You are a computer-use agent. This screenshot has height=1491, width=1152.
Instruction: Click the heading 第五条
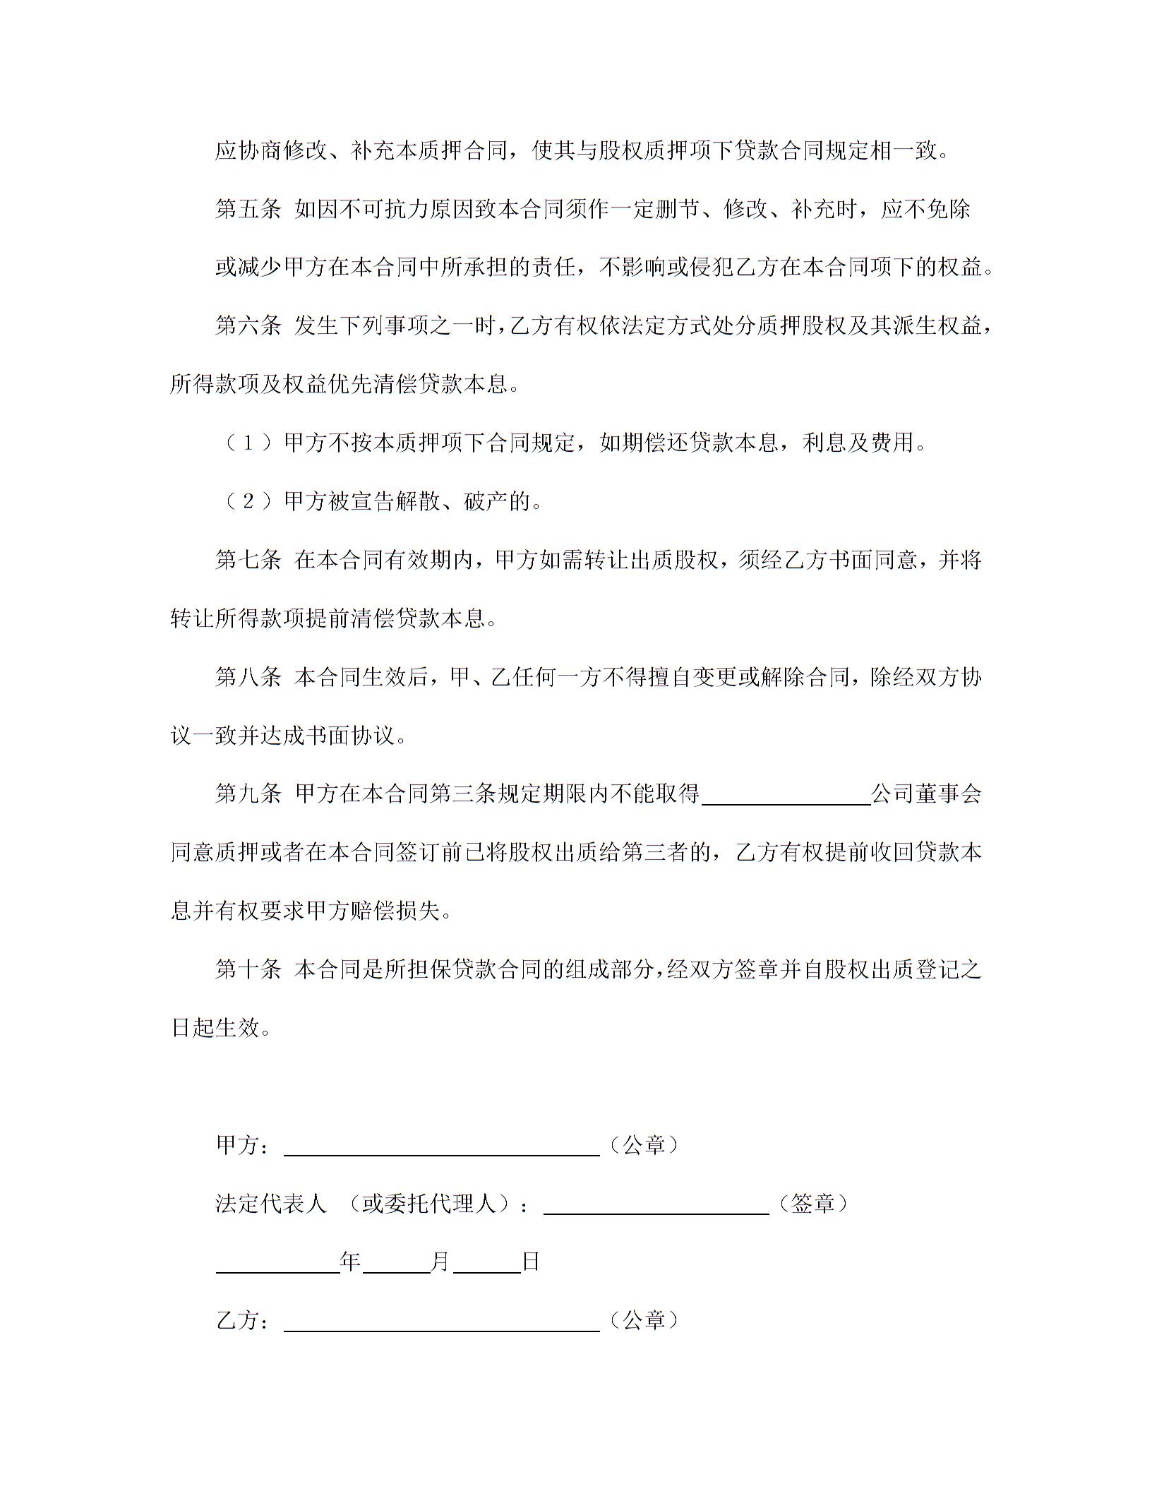pyautogui.click(x=248, y=209)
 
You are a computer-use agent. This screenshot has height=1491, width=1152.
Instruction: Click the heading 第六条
pyautogui.click(x=248, y=326)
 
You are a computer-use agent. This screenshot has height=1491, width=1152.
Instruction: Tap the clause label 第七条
pyautogui.click(x=248, y=561)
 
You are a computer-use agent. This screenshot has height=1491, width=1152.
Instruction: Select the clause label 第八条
pyautogui.click(x=248, y=678)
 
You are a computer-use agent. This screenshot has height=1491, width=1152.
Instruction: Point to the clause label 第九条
pyautogui.click(x=248, y=794)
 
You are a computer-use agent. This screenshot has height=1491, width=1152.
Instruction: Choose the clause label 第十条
pyautogui.click(x=248, y=970)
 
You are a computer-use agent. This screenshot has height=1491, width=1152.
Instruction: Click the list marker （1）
pyautogui.click(x=248, y=443)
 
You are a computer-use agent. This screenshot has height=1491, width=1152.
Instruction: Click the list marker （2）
pyautogui.click(x=248, y=502)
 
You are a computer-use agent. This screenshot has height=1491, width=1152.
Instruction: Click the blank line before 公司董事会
pyautogui.click(x=786, y=798)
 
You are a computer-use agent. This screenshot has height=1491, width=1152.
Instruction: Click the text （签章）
pyautogui.click(x=812, y=1204)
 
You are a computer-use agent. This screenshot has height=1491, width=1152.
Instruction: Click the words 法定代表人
pyautogui.click(x=271, y=1204)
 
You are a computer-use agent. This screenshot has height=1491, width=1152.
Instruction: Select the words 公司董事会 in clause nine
pyautogui.click(x=926, y=794)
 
